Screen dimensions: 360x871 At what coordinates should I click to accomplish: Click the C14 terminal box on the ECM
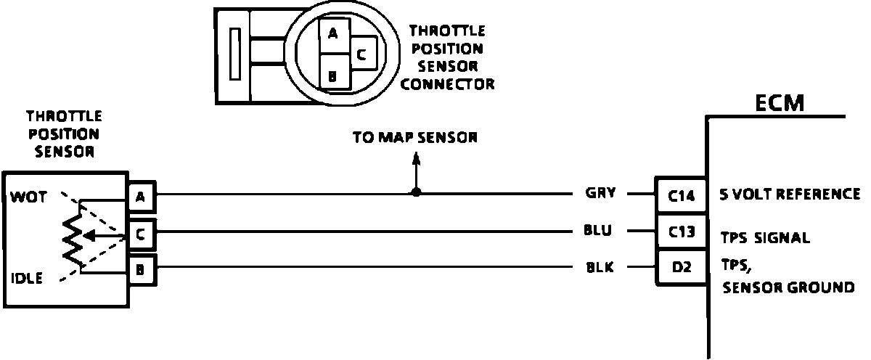681,195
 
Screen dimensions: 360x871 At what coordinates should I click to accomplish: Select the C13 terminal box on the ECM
681,232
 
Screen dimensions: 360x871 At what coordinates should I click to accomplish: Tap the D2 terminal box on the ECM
681,267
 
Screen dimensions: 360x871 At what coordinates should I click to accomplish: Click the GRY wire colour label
600,193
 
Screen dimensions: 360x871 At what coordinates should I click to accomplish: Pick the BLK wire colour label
600,268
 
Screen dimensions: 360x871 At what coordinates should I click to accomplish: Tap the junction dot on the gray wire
416,193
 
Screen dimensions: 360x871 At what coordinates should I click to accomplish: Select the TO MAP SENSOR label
415,138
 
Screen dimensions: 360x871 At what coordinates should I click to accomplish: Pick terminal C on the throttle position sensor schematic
140,234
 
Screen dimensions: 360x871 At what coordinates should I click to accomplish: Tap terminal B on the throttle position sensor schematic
140,271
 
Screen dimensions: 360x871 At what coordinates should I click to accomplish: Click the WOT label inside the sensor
26,197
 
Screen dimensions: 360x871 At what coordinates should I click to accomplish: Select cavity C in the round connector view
362,53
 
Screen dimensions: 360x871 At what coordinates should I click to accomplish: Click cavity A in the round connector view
333,33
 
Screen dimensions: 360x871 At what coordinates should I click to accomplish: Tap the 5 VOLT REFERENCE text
790,195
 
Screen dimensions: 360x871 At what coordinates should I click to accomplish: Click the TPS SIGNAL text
765,237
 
